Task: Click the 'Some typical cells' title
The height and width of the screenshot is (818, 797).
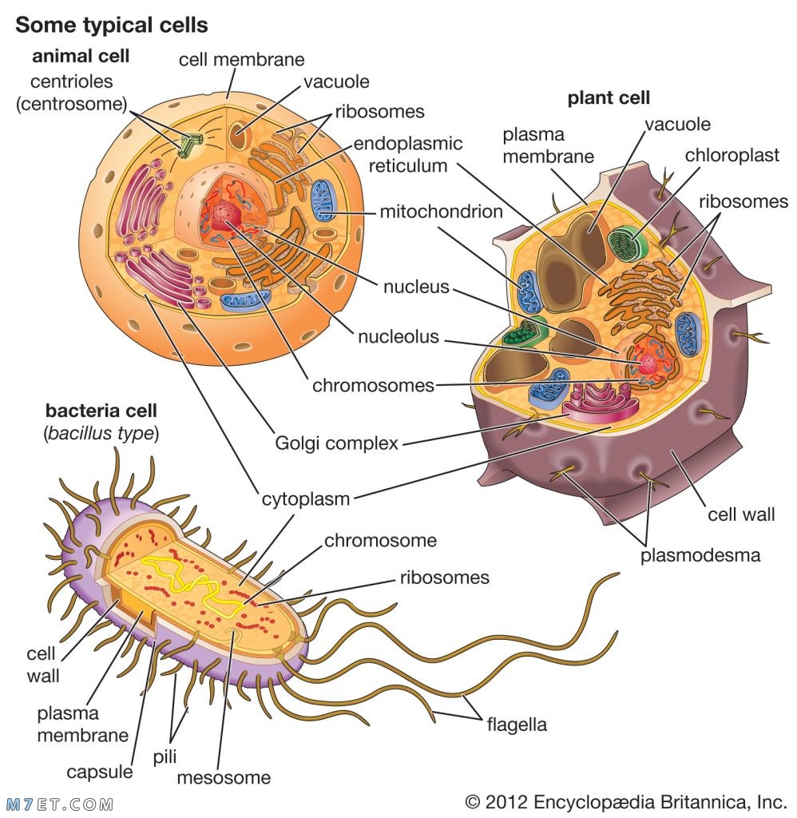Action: (112, 25)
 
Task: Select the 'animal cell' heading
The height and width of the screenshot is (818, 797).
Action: (81, 56)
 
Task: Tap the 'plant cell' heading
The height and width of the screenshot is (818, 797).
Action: (609, 97)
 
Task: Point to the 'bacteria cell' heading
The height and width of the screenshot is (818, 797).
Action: (101, 411)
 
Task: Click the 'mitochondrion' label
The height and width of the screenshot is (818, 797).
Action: (442, 211)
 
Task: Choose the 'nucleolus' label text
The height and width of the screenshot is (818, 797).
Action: (398, 336)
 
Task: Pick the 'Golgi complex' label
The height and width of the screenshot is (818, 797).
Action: (336, 443)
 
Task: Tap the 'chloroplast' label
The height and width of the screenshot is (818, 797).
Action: (732, 155)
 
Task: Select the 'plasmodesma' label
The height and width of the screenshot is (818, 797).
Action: (700, 555)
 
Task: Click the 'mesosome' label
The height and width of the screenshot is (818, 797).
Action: (224, 778)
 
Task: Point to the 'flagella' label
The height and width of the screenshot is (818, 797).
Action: (517, 725)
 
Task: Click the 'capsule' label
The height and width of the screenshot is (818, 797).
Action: (100, 772)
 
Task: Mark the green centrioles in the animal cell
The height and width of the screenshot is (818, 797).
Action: (190, 145)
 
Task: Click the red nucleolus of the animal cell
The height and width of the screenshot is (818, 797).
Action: (225, 214)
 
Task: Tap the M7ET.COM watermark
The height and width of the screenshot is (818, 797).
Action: (59, 804)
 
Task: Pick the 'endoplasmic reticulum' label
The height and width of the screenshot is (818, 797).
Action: (408, 154)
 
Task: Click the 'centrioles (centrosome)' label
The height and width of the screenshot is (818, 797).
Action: (71, 93)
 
